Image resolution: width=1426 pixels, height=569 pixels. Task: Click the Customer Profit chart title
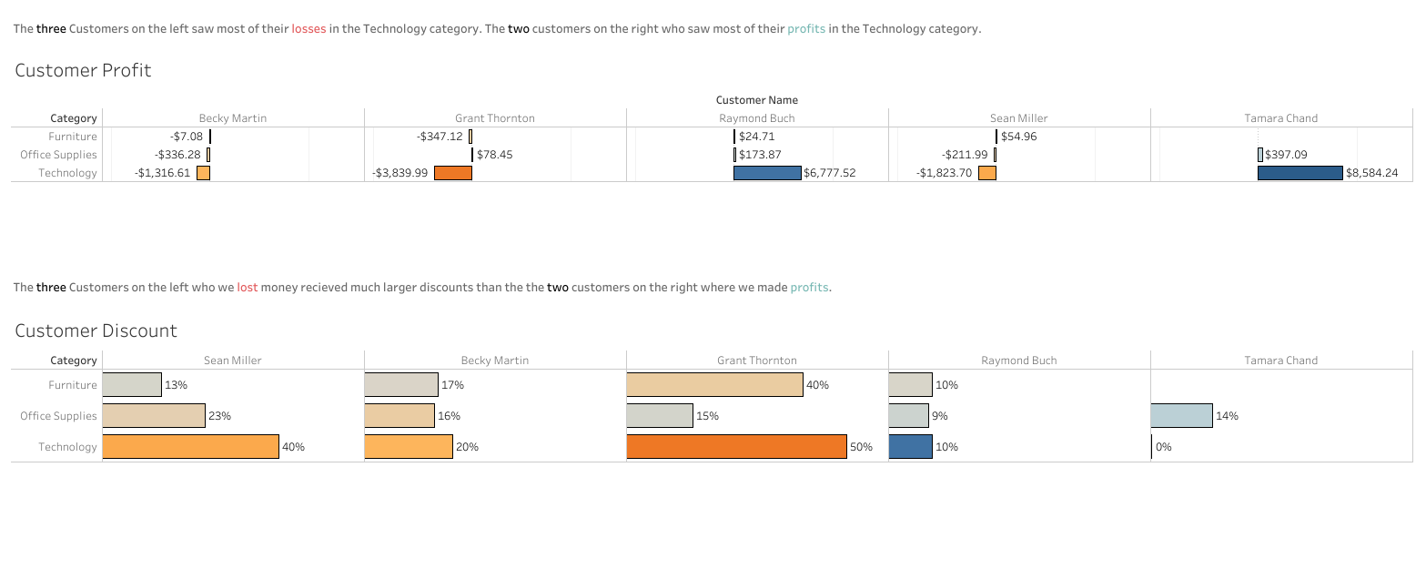click(x=83, y=70)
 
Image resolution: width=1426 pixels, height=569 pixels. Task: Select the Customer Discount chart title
click(x=96, y=330)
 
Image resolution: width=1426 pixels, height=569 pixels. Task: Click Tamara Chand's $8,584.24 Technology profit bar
click(x=1300, y=173)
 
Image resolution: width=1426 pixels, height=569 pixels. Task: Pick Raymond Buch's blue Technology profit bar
click(x=767, y=173)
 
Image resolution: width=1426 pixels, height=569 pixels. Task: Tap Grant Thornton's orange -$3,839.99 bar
click(x=452, y=173)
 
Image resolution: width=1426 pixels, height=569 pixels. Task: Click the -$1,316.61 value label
click(x=163, y=173)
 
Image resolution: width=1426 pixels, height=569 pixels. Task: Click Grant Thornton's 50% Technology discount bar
click(x=736, y=446)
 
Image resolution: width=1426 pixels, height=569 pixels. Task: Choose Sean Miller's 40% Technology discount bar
click(x=190, y=446)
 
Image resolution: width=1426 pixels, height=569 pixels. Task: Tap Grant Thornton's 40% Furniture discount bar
click(x=714, y=385)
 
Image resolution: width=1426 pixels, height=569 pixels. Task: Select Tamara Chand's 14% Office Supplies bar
click(x=1181, y=416)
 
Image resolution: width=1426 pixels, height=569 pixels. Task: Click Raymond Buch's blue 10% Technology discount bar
click(x=910, y=446)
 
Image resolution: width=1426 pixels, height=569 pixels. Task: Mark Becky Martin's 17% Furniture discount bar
click(x=400, y=385)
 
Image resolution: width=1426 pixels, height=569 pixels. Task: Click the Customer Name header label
click(x=756, y=100)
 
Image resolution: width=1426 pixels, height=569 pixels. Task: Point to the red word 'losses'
click(x=308, y=29)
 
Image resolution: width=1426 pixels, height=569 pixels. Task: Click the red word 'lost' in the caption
click(x=248, y=288)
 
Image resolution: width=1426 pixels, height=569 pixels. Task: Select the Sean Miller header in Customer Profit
click(x=1018, y=118)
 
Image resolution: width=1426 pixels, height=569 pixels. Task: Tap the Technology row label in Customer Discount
click(x=67, y=447)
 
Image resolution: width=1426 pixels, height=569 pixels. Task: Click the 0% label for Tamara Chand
click(x=1163, y=447)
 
